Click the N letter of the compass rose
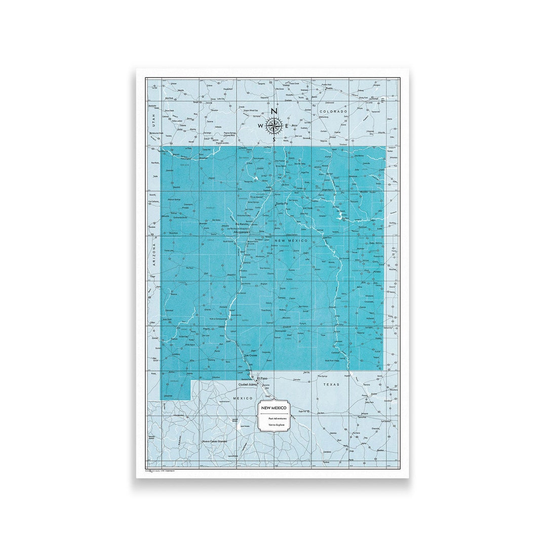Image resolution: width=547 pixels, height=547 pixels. coord(274,111)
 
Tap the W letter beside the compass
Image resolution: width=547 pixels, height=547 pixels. coord(260,126)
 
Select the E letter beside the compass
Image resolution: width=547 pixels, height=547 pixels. coord(287,126)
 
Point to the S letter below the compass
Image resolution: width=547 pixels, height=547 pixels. coord(274,139)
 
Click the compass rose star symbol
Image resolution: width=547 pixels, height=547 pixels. coord(273,125)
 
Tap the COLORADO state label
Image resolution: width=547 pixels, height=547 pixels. coord(333,112)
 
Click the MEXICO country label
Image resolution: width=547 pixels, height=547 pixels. coord(242,398)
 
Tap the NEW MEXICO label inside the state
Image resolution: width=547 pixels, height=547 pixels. coord(291,240)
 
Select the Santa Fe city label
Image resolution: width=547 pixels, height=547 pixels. coord(281,204)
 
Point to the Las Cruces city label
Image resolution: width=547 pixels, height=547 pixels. coord(251,356)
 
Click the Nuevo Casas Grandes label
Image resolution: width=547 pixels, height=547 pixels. coord(214,442)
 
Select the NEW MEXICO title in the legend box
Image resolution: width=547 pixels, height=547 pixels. coord(273,408)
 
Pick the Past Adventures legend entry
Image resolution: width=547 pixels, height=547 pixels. coord(277,418)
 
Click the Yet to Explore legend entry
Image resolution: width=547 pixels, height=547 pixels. coord(277,424)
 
